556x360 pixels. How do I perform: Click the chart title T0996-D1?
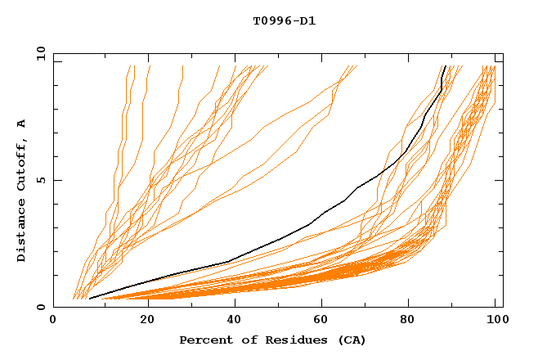coord(284,20)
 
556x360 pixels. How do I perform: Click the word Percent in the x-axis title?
coord(205,340)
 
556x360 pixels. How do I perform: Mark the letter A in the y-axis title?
coord(22,124)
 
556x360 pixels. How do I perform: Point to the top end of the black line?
coord(444,66)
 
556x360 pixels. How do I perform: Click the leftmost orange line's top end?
coord(130,66)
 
